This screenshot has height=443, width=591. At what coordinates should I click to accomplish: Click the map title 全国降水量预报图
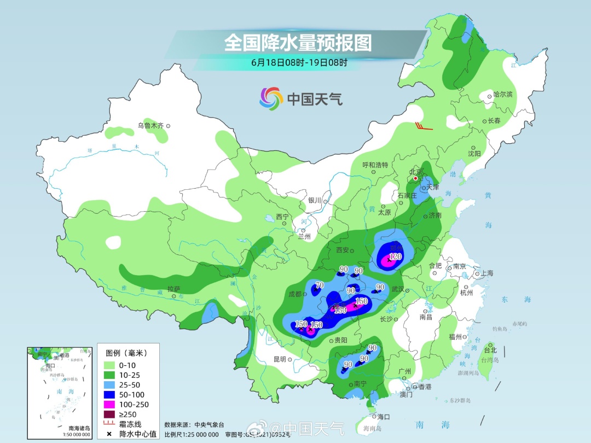click(298, 42)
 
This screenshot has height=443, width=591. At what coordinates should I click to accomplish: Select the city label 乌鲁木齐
click(150, 126)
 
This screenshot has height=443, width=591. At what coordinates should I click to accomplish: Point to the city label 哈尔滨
click(503, 95)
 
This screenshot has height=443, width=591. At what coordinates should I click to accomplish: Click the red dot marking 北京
click(416, 178)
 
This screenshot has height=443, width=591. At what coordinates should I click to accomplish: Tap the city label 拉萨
click(173, 289)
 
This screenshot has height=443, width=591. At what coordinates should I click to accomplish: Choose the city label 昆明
click(279, 359)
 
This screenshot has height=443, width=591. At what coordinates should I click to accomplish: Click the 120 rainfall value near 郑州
click(396, 256)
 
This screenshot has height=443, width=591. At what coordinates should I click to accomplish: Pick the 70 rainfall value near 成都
click(320, 285)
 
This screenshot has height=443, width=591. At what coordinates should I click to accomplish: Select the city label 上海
click(486, 273)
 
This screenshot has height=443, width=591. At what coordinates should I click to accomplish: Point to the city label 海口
click(384, 417)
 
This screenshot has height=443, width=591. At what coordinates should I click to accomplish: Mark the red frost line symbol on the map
click(424, 126)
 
